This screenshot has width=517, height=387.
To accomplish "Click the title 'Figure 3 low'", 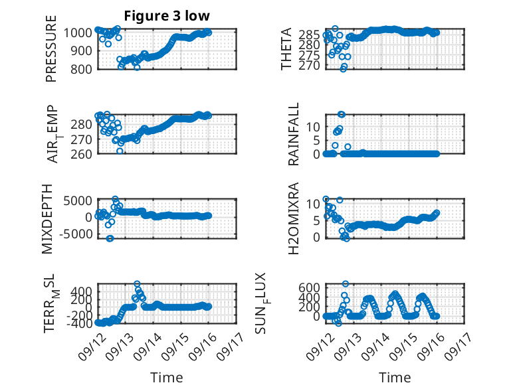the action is click(x=167, y=16).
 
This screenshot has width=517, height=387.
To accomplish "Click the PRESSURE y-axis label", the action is click(x=51, y=48).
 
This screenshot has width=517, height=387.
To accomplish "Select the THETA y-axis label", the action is click(x=286, y=48).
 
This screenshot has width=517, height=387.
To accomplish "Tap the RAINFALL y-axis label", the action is click(x=293, y=134).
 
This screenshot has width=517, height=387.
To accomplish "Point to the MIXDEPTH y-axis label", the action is click(x=47, y=219).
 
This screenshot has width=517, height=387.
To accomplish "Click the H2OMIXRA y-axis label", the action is click(x=293, y=218).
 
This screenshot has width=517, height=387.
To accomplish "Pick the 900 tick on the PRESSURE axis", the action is click(x=78, y=50).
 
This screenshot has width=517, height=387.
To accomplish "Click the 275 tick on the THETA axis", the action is click(x=309, y=55).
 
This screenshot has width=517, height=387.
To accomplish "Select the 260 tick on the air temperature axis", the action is click(x=81, y=154).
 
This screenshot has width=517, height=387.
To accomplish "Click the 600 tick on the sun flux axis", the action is click(x=309, y=287).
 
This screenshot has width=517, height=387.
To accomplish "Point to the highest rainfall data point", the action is click(x=342, y=114).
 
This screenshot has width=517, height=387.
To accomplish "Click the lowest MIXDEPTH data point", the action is click(x=110, y=238).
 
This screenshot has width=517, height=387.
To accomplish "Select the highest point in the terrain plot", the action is click(x=137, y=283).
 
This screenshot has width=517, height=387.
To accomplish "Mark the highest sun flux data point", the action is click(x=345, y=283).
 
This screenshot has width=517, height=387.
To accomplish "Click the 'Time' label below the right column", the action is click(x=395, y=377).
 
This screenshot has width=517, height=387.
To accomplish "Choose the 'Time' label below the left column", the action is click(x=167, y=377).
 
